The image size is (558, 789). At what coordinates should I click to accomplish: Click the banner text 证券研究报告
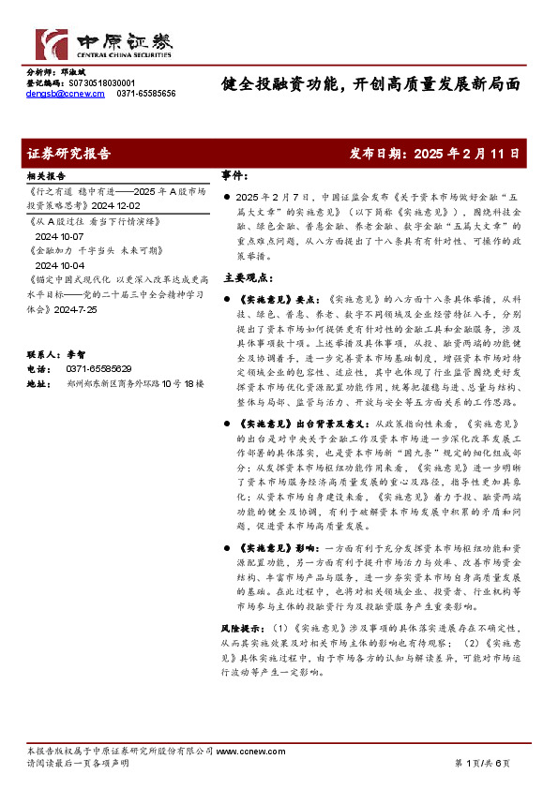tap(69, 152)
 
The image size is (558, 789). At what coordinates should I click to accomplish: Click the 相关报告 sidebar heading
tap(46, 176)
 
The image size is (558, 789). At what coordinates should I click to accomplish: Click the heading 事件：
tap(235, 175)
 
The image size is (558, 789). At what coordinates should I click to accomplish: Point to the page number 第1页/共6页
tap(482, 764)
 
